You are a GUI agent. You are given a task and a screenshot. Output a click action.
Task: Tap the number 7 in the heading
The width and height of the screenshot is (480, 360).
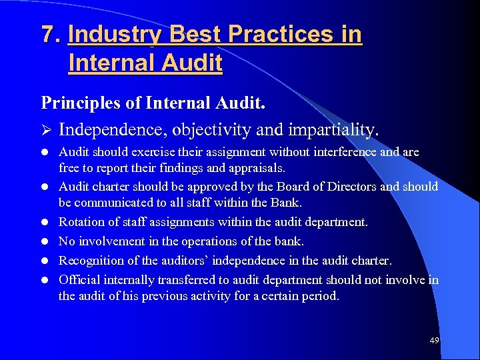click(47, 34)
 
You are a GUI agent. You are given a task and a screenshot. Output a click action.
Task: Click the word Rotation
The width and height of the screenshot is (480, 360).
click(81, 221)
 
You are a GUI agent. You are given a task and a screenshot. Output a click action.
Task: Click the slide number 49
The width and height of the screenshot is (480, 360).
click(435, 341)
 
